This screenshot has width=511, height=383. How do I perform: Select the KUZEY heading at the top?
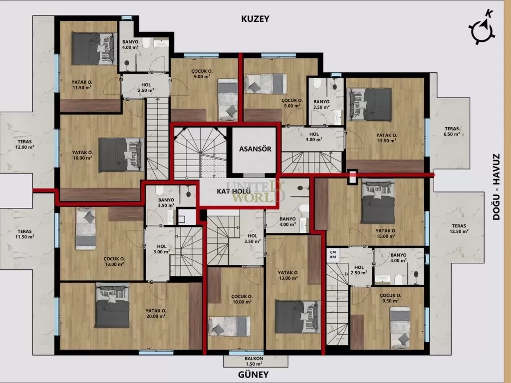(255, 19)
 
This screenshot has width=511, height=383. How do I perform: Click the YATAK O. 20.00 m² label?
(156, 313)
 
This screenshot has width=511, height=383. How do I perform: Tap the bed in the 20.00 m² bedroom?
(112, 306)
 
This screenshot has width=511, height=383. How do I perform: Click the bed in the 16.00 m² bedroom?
(120, 155)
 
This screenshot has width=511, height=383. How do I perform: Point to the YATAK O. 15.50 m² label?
(386, 138)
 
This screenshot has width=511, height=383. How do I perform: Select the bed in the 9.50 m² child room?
(400, 327)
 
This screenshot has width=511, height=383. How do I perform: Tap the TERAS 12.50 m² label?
(458, 228)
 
